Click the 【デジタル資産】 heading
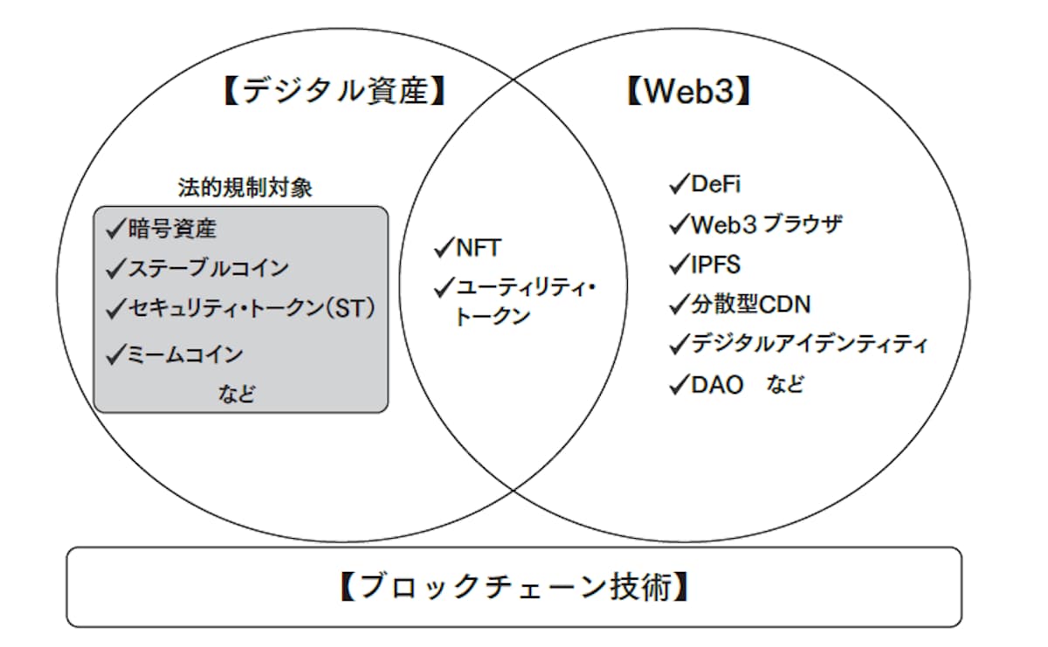pyautogui.click(x=335, y=91)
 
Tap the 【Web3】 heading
pyautogui.click(x=688, y=91)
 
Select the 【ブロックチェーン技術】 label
pyautogui.click(x=514, y=586)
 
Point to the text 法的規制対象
pyautogui.click(x=245, y=188)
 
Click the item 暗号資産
pyautogui.click(x=172, y=229)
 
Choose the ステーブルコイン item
pyautogui.click(x=208, y=269)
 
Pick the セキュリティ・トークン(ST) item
pyautogui.click(x=252, y=309)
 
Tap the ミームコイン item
pyautogui.click(x=185, y=354)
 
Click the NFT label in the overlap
pyautogui.click(x=479, y=248)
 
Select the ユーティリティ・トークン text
pyautogui.click(x=525, y=302)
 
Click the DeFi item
pyautogui.click(x=716, y=184)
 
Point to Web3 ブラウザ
pyautogui.click(x=767, y=224)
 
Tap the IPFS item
pyautogui.click(x=716, y=265)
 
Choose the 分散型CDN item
pyautogui.click(x=751, y=305)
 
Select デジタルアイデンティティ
pyautogui.click(x=810, y=344)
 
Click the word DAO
pyautogui.click(x=717, y=385)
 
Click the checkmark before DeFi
pyautogui.click(x=679, y=183)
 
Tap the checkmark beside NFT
pyautogui.click(x=445, y=247)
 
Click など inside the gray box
pyautogui.click(x=237, y=394)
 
